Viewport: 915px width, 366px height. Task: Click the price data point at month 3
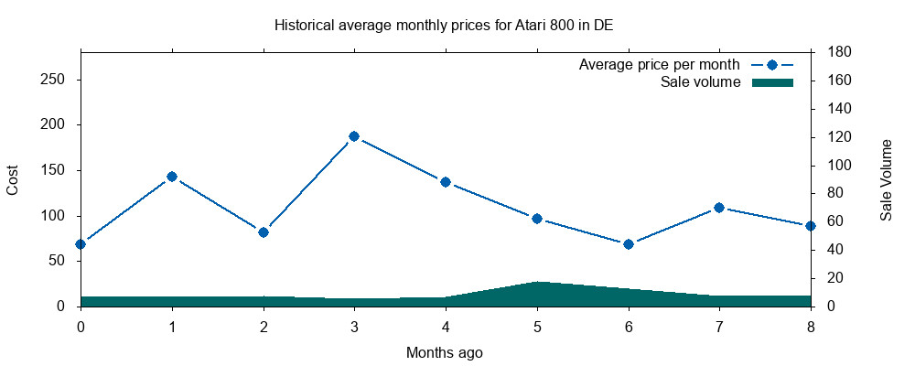[354, 136]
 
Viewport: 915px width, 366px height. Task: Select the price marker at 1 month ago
[172, 177]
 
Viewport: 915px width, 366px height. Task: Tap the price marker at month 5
[537, 219]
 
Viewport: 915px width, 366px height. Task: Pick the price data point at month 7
[719, 208]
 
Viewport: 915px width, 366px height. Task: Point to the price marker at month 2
[264, 232]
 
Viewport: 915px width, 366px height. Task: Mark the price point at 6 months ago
[628, 244]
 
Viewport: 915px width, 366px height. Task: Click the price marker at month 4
[446, 182]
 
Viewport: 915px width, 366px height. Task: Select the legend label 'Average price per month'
[659, 65]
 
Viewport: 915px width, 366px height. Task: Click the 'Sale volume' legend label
[700, 82]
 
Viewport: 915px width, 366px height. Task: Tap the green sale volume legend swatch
[772, 82]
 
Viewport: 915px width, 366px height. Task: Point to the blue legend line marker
[772, 65]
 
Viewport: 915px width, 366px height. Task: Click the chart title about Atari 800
[444, 25]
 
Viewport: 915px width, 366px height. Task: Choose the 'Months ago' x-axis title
[445, 352]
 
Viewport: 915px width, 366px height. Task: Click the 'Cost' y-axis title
[13, 180]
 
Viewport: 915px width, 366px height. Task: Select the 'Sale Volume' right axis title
[886, 180]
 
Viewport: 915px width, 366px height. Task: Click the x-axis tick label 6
[628, 326]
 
